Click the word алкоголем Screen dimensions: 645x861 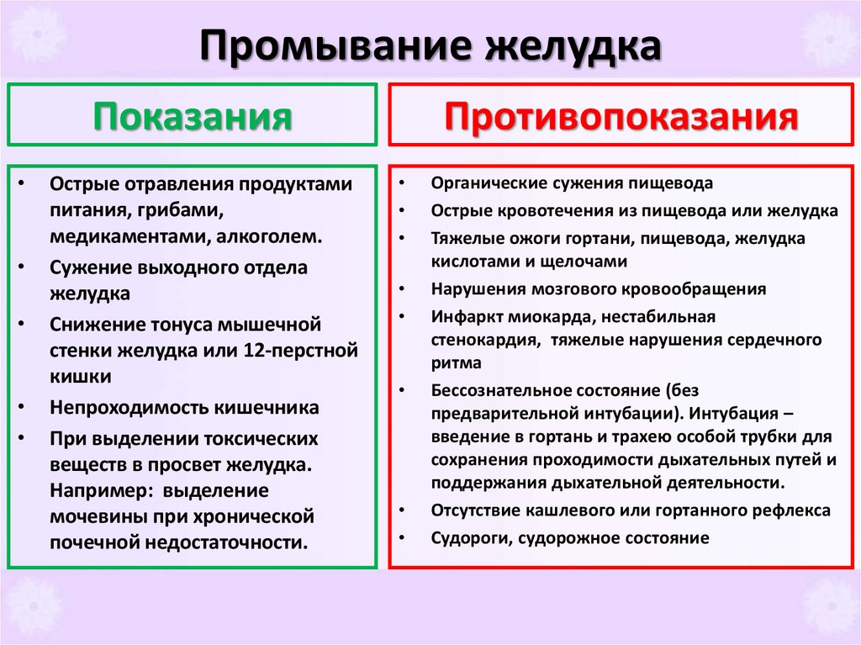click(x=269, y=235)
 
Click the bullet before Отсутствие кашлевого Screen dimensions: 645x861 click(x=404, y=510)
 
